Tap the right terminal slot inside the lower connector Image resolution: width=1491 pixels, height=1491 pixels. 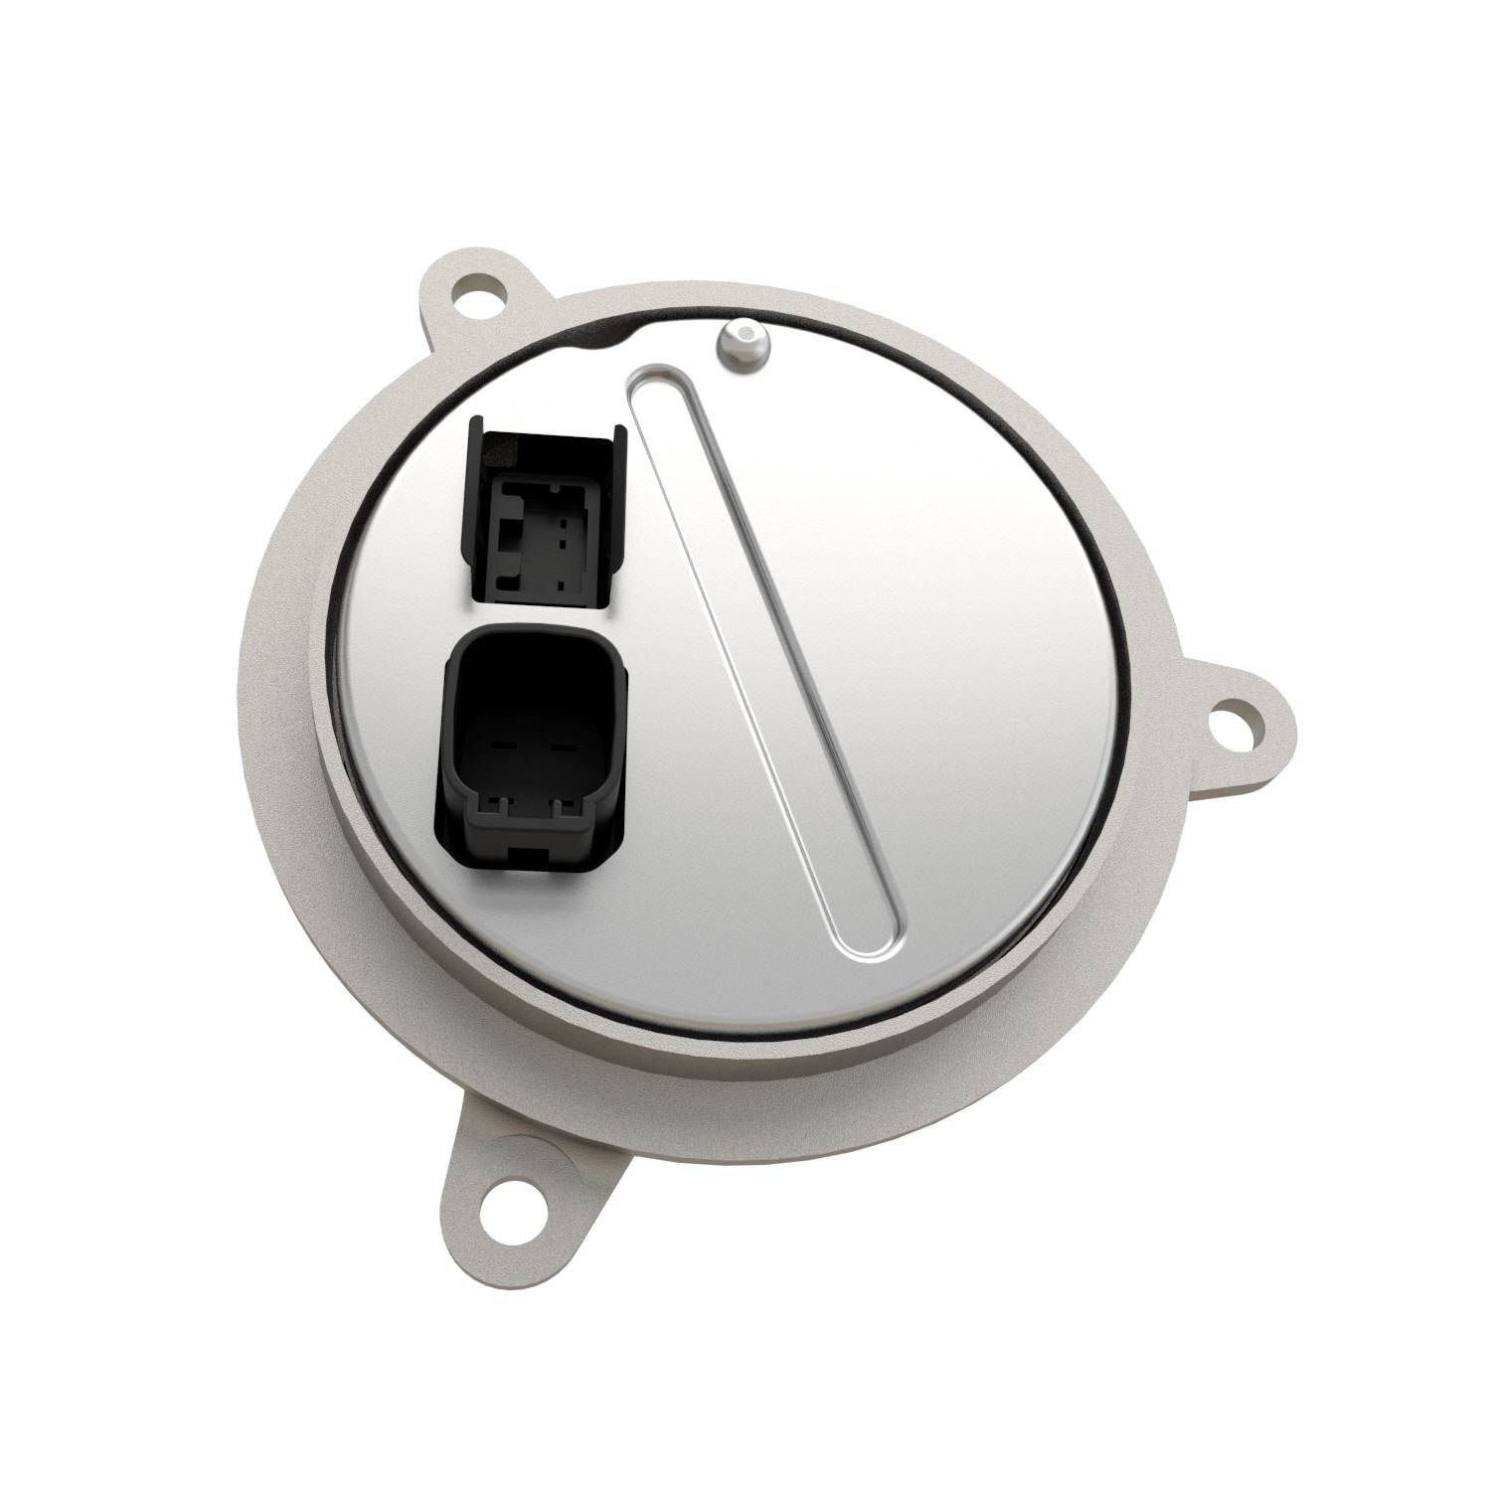(559, 745)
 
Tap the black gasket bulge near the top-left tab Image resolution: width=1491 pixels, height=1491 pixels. (596, 338)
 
